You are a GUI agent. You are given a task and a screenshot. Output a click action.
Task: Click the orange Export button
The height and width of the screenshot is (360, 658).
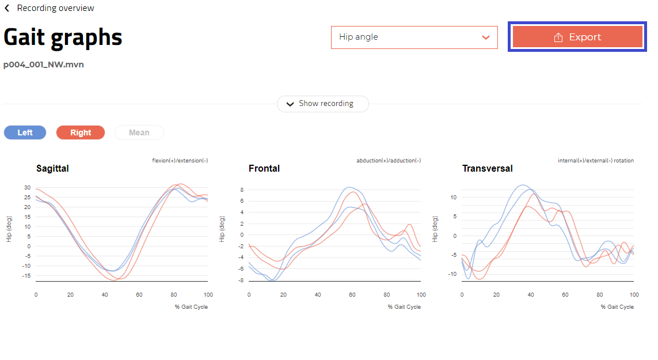click(x=577, y=37)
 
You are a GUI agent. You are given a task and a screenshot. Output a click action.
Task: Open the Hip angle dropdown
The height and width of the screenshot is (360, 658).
click(x=414, y=37)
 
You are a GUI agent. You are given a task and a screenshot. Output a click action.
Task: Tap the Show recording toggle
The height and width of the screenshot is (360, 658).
click(x=322, y=104)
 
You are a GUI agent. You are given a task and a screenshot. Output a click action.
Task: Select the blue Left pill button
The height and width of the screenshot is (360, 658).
click(x=25, y=132)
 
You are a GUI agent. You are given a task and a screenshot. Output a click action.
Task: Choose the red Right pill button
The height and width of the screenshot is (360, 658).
click(x=81, y=132)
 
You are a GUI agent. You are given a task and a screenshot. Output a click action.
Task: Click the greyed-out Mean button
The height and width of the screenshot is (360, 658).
click(x=139, y=132)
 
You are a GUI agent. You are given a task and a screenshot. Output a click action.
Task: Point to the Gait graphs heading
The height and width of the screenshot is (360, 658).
click(x=63, y=37)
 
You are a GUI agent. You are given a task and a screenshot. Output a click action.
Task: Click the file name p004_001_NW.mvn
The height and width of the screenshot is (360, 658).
click(x=44, y=65)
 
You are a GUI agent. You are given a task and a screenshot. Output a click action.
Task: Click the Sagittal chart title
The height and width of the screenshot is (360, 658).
click(x=52, y=169)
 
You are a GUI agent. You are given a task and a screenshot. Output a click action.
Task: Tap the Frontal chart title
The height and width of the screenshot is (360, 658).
click(x=264, y=169)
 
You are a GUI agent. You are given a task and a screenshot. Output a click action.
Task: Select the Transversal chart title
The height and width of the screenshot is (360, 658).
click(x=487, y=169)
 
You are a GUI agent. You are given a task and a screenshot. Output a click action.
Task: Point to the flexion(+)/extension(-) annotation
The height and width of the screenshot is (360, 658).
click(x=180, y=160)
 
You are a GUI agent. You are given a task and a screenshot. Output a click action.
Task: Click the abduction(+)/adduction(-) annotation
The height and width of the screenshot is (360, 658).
click(x=389, y=160)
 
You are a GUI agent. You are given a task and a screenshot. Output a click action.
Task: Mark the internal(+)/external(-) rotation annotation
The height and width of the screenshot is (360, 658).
click(x=596, y=160)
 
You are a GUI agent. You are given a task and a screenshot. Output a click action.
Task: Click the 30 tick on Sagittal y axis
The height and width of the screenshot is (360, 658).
click(x=27, y=188)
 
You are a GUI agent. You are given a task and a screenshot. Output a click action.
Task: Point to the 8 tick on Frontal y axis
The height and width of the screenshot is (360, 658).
click(x=242, y=190)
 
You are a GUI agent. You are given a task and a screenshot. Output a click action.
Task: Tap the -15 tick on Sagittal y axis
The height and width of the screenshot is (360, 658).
click(x=26, y=276)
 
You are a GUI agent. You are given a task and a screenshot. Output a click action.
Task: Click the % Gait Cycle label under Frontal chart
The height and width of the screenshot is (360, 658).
click(x=404, y=307)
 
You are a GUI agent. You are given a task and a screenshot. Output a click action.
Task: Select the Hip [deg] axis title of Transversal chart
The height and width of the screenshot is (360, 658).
click(x=436, y=229)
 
